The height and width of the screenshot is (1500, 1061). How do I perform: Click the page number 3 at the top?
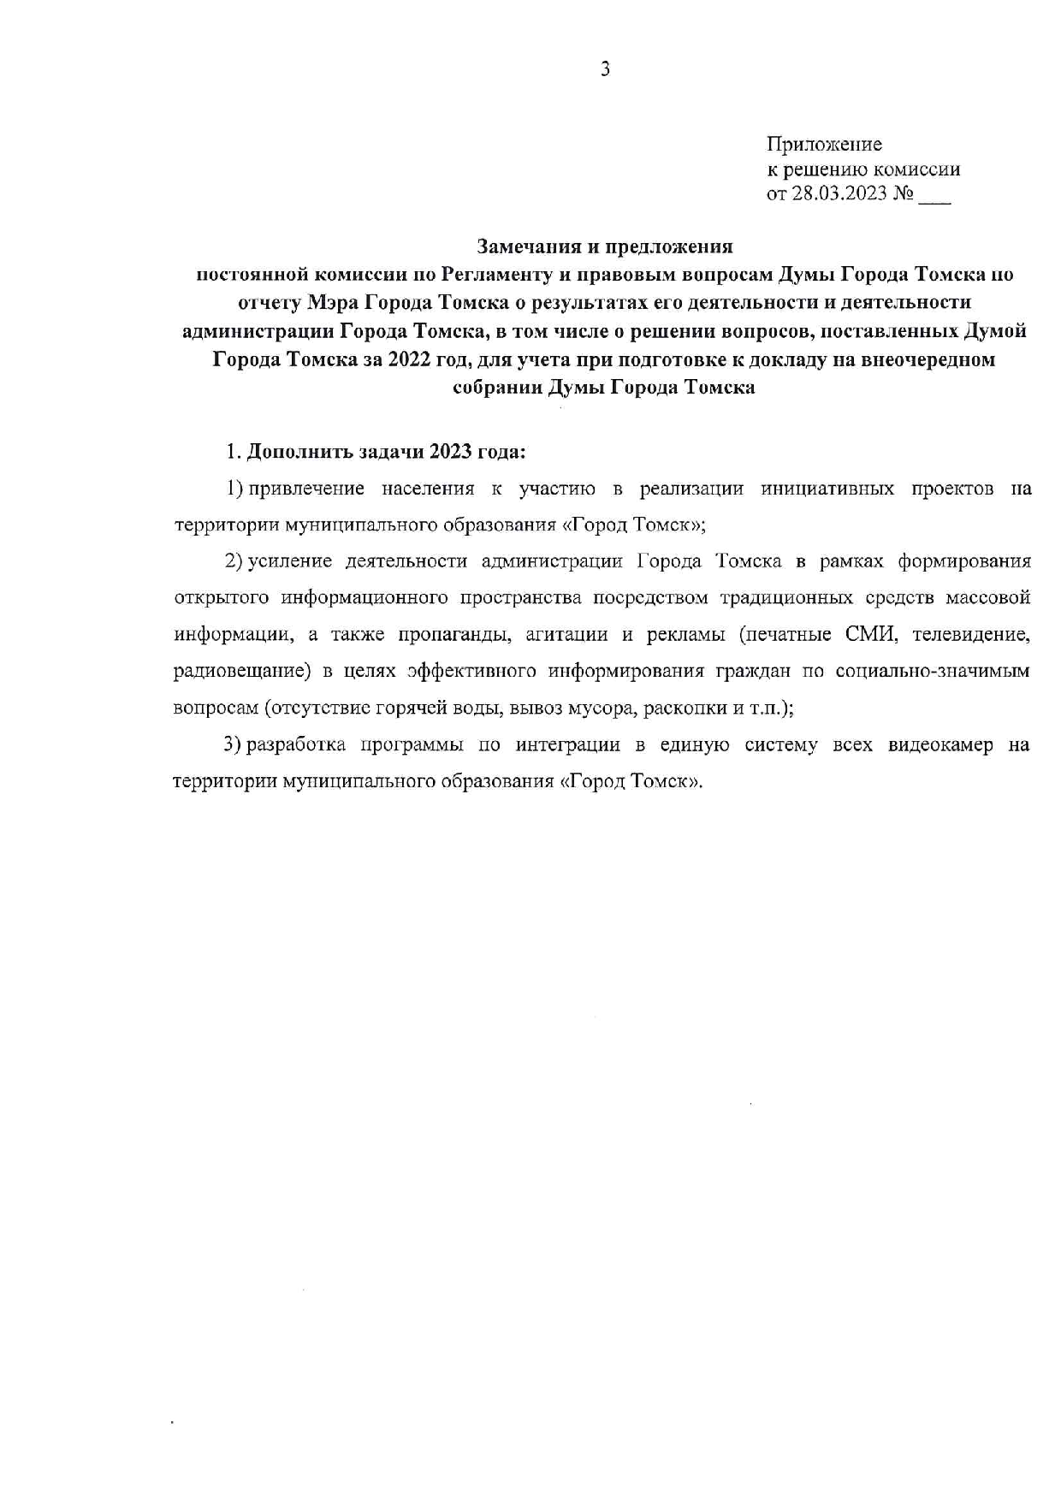point(604,70)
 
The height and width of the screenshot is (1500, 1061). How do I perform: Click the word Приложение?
point(824,144)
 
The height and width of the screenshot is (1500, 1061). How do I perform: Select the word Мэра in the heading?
point(328,302)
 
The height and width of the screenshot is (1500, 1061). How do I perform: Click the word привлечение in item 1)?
point(305,489)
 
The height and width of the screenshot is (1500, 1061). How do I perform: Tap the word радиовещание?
point(240,671)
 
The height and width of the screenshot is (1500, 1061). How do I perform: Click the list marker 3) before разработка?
point(233,744)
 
